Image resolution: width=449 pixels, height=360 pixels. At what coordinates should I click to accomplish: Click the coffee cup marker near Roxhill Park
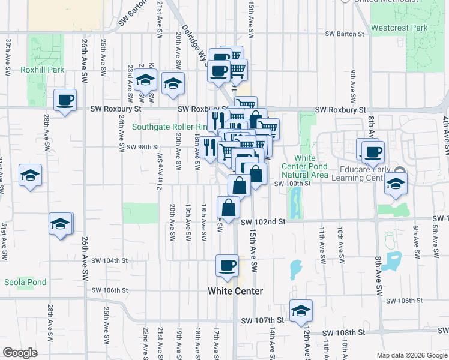[x=65, y=100]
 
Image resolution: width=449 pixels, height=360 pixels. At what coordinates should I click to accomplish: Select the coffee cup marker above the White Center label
[x=227, y=265]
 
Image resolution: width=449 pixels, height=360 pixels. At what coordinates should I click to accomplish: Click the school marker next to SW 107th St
[x=301, y=310]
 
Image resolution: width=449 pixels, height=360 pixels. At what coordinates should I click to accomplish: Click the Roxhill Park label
[x=42, y=70]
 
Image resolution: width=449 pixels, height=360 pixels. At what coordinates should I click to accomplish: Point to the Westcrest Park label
[x=399, y=28]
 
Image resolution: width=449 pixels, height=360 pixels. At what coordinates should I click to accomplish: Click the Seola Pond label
[x=25, y=281]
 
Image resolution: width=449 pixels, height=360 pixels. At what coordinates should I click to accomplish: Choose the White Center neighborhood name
[x=235, y=291]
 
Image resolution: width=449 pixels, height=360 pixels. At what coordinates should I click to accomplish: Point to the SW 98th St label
[x=142, y=147]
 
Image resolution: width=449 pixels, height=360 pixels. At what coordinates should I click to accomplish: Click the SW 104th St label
[x=110, y=260]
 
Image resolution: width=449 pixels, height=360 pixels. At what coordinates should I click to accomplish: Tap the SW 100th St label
[x=292, y=184]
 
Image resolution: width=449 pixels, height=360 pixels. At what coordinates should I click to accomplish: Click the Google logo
[x=20, y=353]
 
